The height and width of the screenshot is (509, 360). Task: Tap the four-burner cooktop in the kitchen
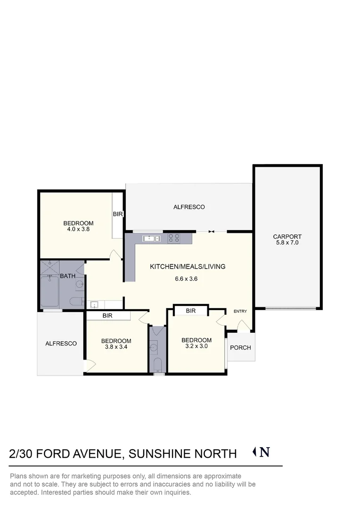[173, 238]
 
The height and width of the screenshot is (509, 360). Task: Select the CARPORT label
[287, 237]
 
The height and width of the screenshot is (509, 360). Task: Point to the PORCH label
[240, 348]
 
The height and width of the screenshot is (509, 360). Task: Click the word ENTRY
[240, 311]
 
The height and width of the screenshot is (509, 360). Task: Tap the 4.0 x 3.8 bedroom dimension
[78, 229]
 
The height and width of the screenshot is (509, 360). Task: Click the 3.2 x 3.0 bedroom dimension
[196, 345]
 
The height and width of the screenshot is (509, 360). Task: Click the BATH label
[68, 276]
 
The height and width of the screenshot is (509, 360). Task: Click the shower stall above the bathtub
[49, 267]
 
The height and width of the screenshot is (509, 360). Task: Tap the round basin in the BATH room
[80, 285]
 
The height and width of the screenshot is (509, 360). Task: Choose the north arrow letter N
[265, 452]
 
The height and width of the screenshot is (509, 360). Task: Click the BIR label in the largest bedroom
[118, 214]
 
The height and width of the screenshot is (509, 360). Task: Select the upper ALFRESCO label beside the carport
[189, 207]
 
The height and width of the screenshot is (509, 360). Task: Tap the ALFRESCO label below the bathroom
[61, 344]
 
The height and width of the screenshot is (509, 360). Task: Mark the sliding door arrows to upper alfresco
[211, 231]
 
